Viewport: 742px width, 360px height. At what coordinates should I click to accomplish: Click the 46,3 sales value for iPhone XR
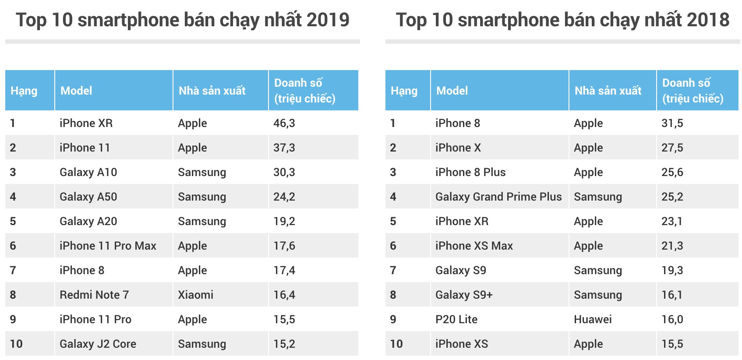[284, 123]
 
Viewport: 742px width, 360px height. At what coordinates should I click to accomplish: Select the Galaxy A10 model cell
[88, 172]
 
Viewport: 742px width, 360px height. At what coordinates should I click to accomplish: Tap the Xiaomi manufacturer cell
[195, 295]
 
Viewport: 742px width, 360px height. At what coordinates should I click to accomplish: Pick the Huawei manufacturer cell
[592, 319]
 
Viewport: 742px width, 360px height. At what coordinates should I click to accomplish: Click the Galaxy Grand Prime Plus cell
[498, 197]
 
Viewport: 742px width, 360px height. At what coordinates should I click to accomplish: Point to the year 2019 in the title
[328, 20]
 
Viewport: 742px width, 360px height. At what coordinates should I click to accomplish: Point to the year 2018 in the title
[707, 20]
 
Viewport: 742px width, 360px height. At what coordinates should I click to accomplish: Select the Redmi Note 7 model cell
[94, 295]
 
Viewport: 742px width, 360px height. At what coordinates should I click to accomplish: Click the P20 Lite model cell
[456, 319]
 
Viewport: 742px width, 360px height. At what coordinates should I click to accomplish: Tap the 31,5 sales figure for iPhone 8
[672, 123]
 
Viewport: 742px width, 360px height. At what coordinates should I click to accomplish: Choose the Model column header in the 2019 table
[76, 91]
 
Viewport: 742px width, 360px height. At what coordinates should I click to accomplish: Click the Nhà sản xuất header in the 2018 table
[608, 91]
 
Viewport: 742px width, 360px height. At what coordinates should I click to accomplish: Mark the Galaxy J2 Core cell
[98, 344]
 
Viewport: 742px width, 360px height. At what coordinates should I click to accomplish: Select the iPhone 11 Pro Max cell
[108, 246]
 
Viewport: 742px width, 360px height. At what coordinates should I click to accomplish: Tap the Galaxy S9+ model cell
[463, 295]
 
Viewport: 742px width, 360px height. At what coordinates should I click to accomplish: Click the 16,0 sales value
[672, 319]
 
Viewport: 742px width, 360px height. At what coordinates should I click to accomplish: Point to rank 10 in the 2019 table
[16, 344]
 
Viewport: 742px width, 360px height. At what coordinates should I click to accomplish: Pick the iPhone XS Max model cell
[473, 246]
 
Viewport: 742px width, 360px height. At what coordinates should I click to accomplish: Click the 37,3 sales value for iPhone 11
[284, 148]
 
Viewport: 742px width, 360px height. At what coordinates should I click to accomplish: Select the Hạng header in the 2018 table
[403, 91]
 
